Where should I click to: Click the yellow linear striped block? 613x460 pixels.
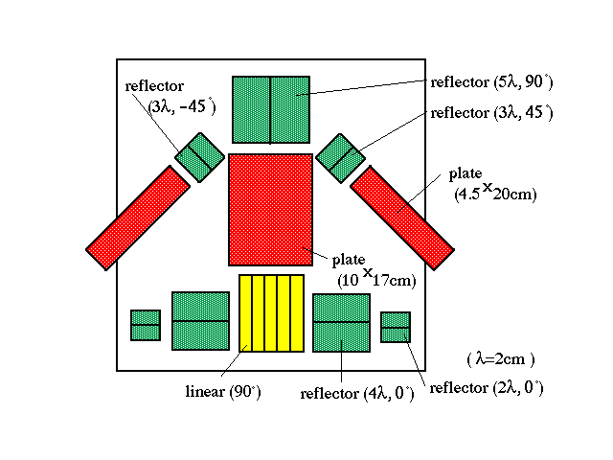pos(271,313)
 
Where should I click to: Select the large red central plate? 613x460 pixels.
pos(270,210)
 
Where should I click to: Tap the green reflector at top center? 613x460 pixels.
pos(271,110)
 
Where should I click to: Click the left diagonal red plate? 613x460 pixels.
pos(138,218)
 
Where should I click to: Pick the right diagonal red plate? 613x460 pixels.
pos(402,218)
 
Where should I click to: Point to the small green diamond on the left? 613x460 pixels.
pos(200,157)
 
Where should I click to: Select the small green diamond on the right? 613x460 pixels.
pos(341,158)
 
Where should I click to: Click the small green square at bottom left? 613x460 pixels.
pos(146,326)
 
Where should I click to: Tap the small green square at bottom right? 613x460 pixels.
pos(396,327)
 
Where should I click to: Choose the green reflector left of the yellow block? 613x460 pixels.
pos(200,321)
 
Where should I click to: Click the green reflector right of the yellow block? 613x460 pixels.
pos(341,323)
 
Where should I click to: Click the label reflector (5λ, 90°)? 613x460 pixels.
pos(491,82)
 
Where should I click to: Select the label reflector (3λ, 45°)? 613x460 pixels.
pos(491,113)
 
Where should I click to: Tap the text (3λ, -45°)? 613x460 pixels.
pos(182,106)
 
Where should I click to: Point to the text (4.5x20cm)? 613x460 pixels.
pos(495,193)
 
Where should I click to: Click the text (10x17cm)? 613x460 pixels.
pos(376,279)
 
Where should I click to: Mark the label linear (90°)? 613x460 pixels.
pos(223,392)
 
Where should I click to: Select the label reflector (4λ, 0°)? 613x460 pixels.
pos(357,394)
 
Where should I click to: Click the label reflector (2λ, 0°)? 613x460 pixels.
pos(487,388)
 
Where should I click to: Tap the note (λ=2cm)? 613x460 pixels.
pos(501,359)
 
